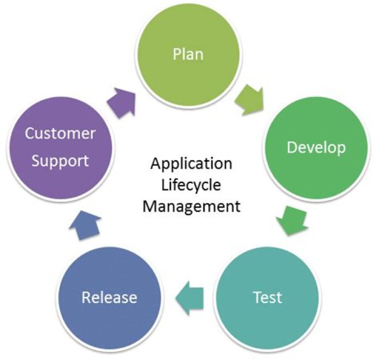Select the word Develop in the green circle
[x=316, y=147]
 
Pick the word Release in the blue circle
[x=109, y=297]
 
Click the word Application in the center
[x=191, y=164]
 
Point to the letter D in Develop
[x=291, y=147]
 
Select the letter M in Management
[x=149, y=205]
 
